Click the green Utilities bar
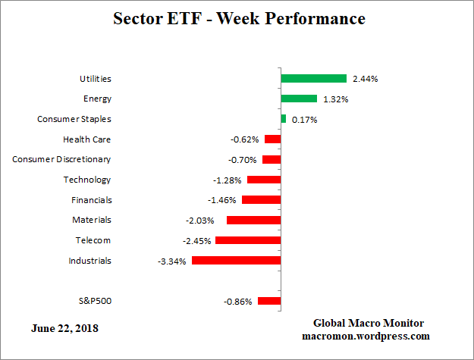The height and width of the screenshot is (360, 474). pos(313,78)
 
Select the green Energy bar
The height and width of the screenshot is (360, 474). pos(299,99)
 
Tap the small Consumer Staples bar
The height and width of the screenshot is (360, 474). pos(284,119)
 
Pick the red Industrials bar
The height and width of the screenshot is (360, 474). pos(236,260)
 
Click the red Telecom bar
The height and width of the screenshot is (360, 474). pos(248,240)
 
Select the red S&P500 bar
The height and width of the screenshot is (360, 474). pos(269,301)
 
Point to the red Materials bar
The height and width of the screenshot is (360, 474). pos(253,220)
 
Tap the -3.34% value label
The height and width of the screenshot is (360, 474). pos(172,261)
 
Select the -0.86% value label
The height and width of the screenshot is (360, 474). pos(238,302)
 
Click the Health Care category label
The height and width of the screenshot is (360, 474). pos(87,139)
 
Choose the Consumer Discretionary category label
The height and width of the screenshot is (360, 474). pos(62,159)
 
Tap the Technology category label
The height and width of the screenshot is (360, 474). pos(87,180)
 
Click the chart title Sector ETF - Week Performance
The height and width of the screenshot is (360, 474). pos(239,18)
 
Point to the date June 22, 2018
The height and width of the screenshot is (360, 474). pos(64,329)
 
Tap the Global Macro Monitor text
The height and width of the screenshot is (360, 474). pos(368,323)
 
